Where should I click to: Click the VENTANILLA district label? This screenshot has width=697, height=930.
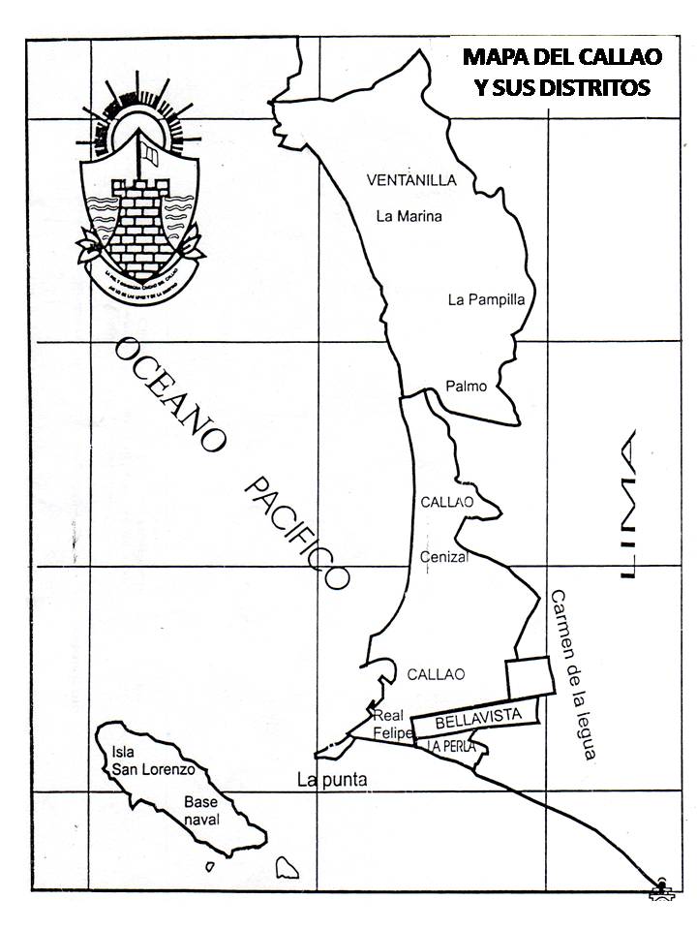click(x=410, y=180)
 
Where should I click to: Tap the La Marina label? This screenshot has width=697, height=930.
click(x=409, y=216)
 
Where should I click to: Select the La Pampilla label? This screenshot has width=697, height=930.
click(x=486, y=299)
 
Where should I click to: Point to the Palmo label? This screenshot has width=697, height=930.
click(x=466, y=387)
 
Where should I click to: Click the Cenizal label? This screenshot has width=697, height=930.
click(x=444, y=557)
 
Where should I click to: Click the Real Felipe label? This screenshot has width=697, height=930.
click(x=393, y=725)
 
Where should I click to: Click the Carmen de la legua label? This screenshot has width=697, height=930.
click(x=572, y=673)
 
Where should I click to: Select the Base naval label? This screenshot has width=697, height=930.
click(x=202, y=811)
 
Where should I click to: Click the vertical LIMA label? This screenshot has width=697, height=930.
click(x=627, y=506)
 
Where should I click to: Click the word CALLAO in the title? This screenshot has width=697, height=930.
click(x=615, y=57)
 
